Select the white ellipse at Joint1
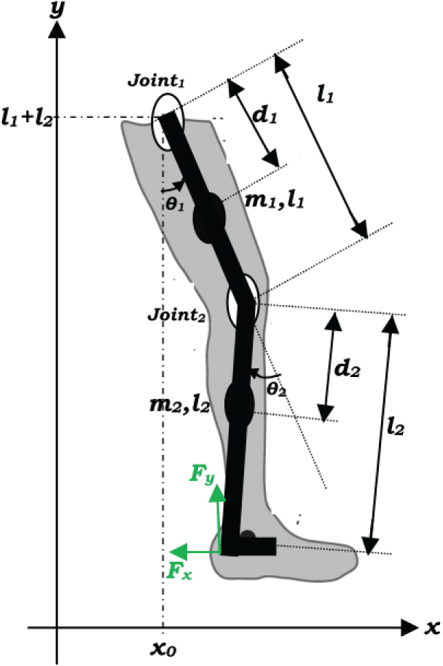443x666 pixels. (x=167, y=122)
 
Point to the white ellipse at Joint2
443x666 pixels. (x=242, y=300)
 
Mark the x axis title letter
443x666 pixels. (x=431, y=627)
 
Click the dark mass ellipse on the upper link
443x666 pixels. (x=208, y=216)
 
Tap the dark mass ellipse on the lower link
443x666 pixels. (x=239, y=402)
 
